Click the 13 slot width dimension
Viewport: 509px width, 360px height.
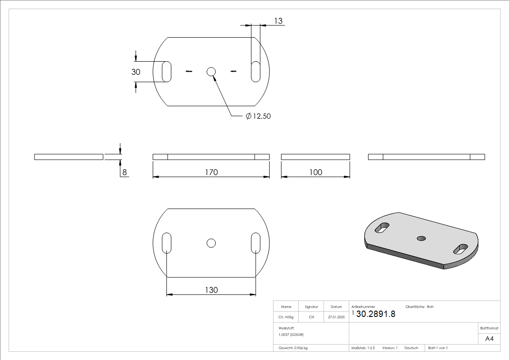point(278,21)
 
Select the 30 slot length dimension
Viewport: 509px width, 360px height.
point(136,72)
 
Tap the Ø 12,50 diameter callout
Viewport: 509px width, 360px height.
point(258,117)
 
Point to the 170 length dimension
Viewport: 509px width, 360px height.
point(211,172)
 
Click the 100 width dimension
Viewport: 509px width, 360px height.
point(315,172)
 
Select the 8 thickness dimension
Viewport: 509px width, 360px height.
point(124,172)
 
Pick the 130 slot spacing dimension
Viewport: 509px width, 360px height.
point(211,290)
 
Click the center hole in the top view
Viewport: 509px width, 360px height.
point(211,71)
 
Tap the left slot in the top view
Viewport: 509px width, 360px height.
point(167,71)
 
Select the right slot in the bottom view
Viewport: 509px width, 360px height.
point(256,243)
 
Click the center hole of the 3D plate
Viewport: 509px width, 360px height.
point(422,238)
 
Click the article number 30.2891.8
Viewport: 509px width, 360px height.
point(376,314)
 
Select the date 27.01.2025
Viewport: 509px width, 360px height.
point(336,317)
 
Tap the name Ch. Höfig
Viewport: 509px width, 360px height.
point(286,317)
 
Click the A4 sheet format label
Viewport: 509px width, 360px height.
point(490,339)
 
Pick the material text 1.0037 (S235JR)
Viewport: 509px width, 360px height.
point(291,334)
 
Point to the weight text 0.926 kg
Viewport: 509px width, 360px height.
point(293,348)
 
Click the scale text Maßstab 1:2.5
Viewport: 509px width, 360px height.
point(363,348)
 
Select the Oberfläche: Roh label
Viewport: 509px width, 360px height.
point(419,307)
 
